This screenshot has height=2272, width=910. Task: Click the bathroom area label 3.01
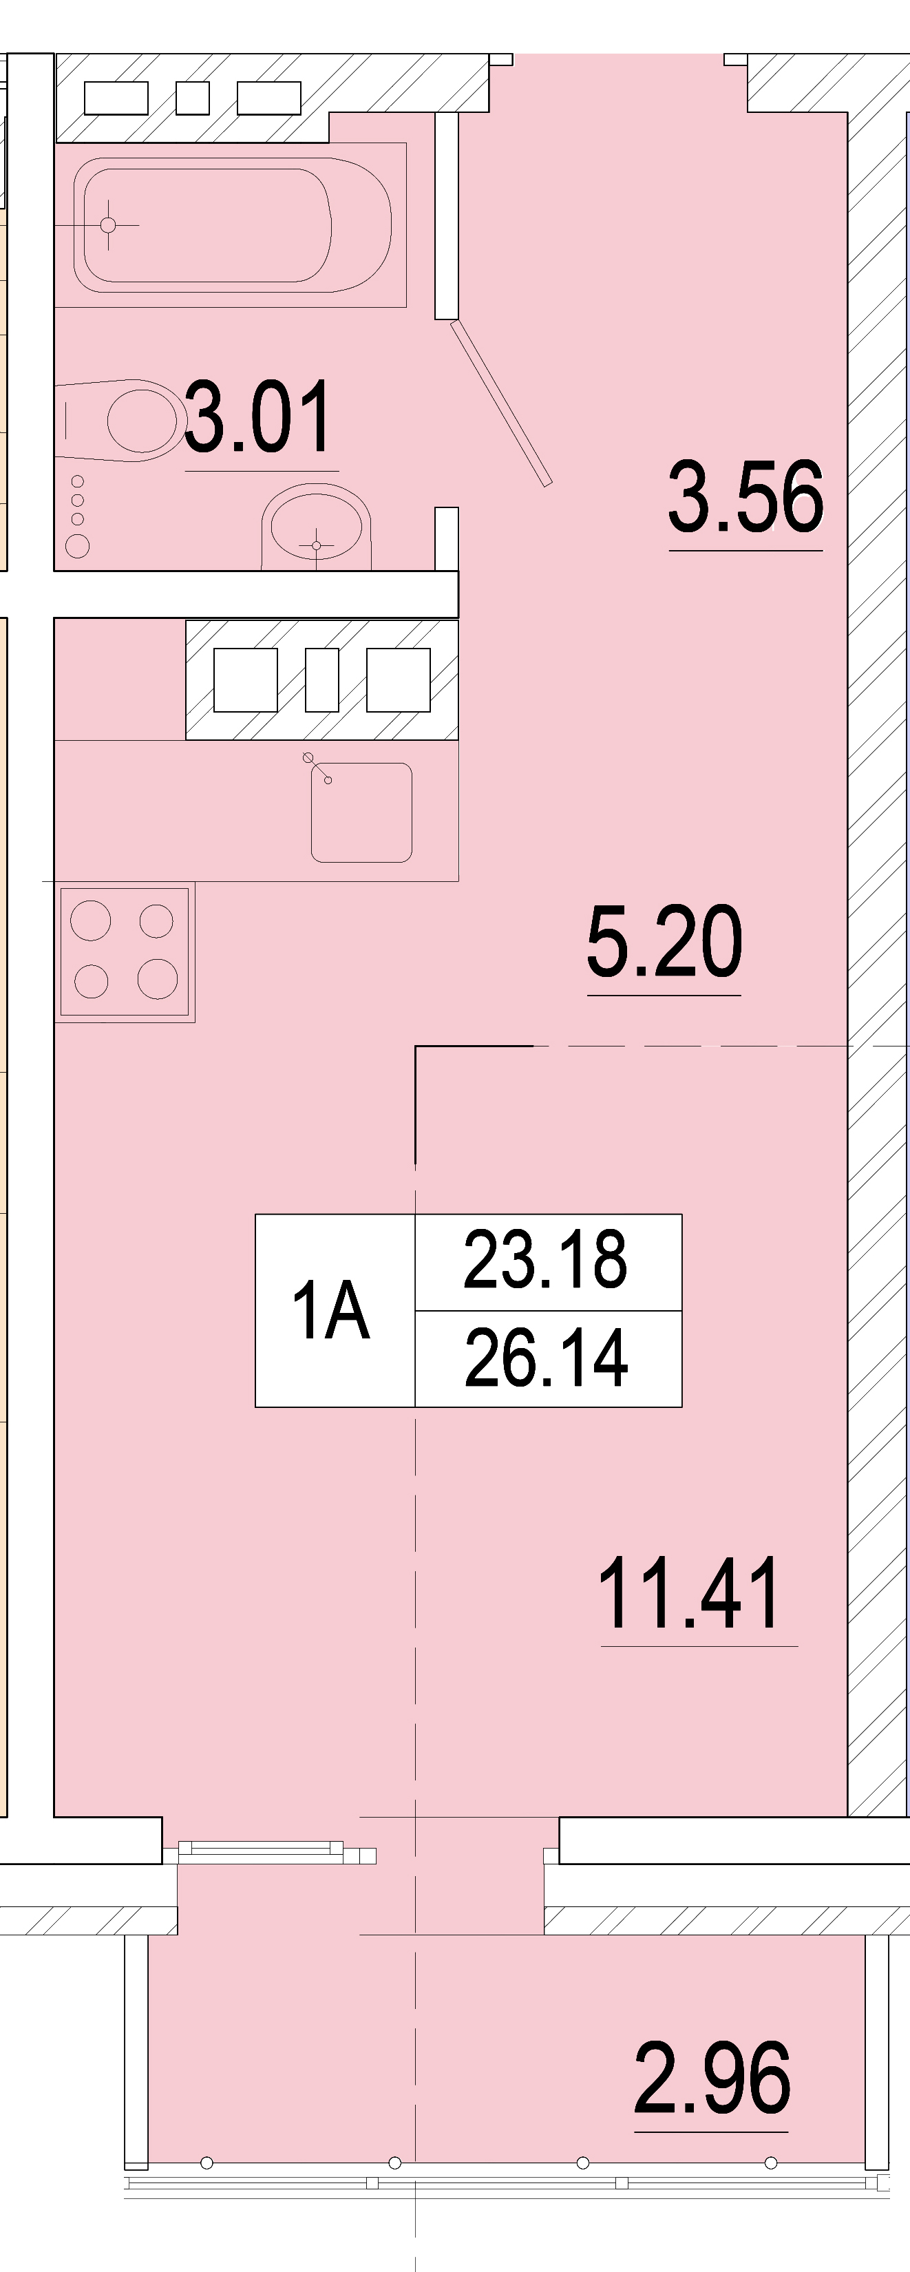(x=258, y=417)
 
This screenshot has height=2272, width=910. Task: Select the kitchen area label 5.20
(x=664, y=942)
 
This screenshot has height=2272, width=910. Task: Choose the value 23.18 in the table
(x=546, y=1259)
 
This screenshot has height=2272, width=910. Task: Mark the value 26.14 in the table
(x=547, y=1358)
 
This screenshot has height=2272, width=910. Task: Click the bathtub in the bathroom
(x=232, y=225)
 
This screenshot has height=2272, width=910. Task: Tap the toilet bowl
(x=119, y=420)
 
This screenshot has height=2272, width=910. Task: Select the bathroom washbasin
(x=316, y=530)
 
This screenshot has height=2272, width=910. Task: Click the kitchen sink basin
(x=361, y=812)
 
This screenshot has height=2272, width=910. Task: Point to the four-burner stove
(x=125, y=951)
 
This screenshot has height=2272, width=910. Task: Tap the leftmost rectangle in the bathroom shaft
(x=116, y=98)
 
